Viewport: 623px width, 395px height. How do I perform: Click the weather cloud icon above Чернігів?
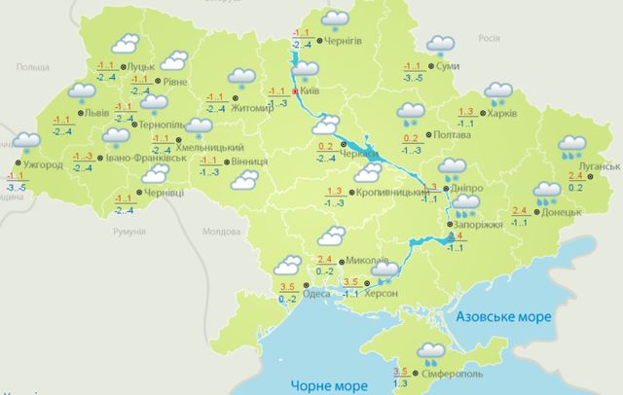tap(336, 18)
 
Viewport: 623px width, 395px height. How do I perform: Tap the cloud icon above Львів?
tap(82, 93)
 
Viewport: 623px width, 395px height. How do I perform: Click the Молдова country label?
tap(220, 233)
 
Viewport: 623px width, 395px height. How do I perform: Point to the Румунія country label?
tap(128, 233)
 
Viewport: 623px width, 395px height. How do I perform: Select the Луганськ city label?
tap(598, 166)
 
